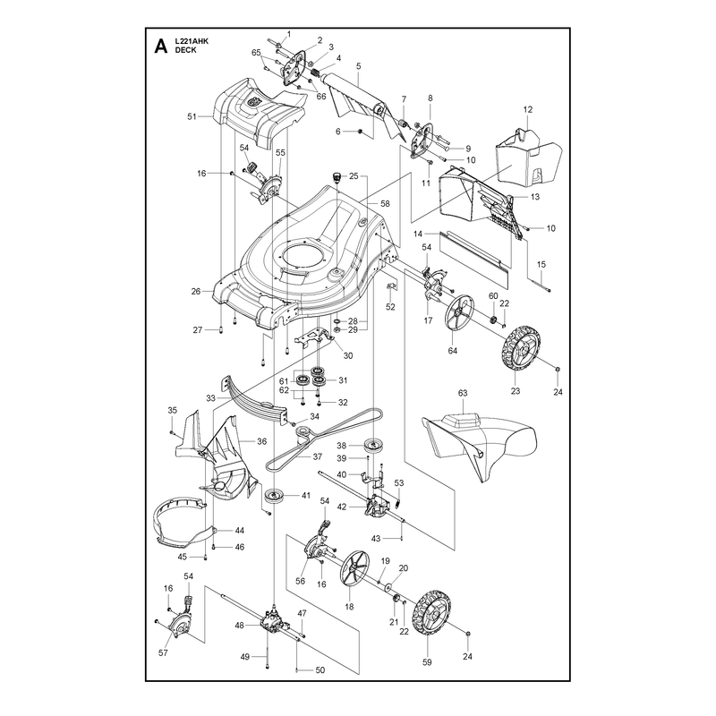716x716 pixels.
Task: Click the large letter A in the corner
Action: (x=161, y=47)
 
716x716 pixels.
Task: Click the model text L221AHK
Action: (x=192, y=41)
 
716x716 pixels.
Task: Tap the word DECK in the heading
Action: (x=186, y=50)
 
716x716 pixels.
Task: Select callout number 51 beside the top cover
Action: (x=192, y=116)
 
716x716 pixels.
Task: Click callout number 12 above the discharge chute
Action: (x=528, y=109)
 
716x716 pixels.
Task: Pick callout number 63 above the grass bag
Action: (x=463, y=393)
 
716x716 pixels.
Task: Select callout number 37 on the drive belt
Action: (x=318, y=456)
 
